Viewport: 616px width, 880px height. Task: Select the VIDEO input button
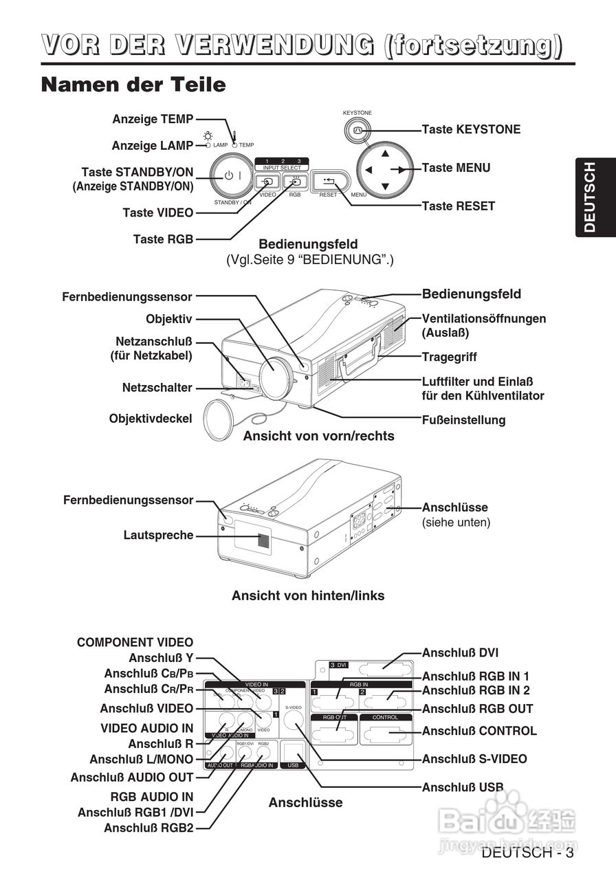267,182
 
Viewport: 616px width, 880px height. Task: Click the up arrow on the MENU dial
385,153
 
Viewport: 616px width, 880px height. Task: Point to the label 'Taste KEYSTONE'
471,129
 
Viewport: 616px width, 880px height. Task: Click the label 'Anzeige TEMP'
153,119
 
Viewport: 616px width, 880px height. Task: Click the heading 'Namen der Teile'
133,85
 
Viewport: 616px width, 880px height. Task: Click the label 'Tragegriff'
449,357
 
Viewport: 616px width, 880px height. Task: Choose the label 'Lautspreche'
159,535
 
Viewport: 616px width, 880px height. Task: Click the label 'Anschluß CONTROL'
479,731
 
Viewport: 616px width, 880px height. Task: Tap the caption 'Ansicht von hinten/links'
308,596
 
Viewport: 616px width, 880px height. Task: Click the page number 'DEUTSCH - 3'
527,853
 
